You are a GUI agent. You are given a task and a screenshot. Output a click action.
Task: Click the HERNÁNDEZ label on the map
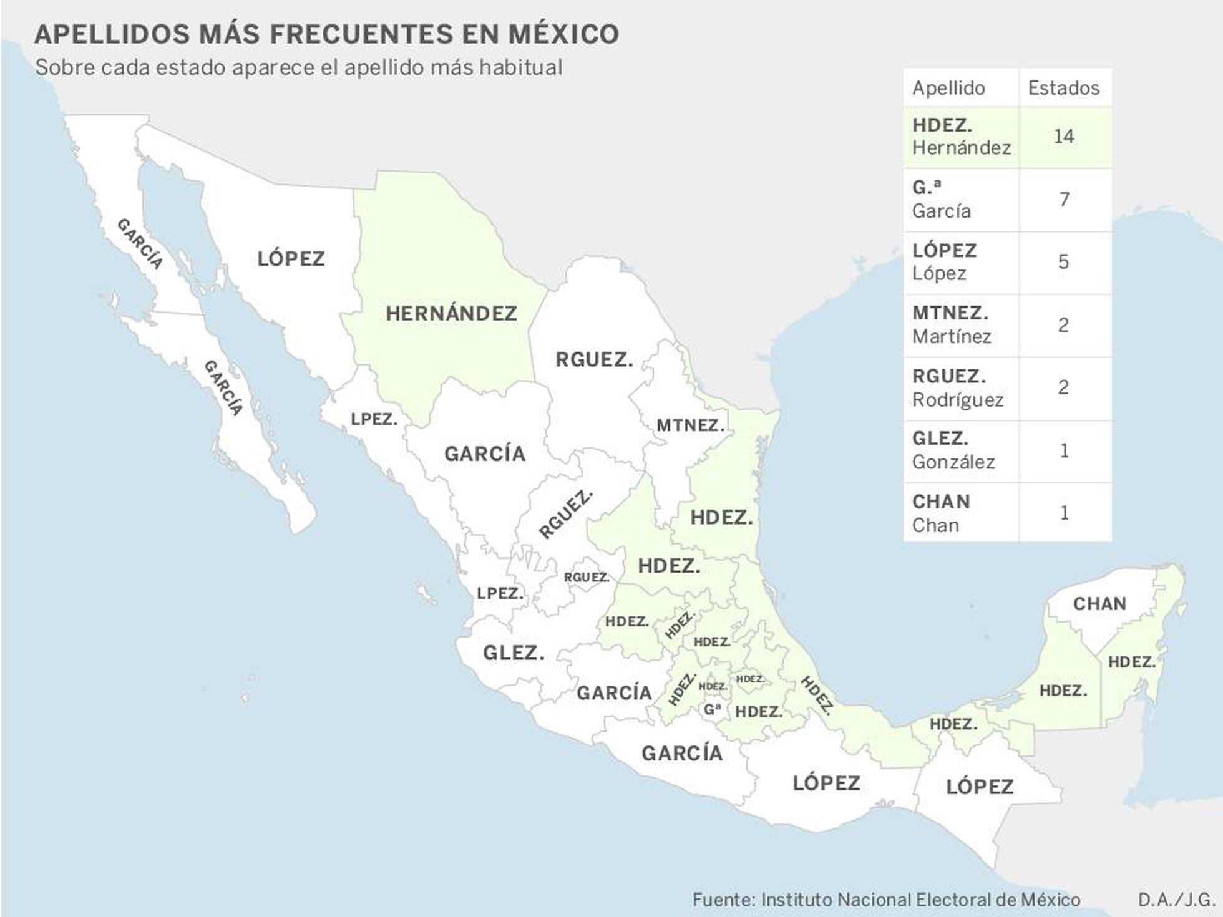pyautogui.click(x=451, y=313)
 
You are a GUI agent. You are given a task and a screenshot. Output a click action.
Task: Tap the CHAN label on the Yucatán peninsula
pyautogui.click(x=1099, y=604)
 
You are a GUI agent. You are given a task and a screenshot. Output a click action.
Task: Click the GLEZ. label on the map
pyautogui.click(x=514, y=653)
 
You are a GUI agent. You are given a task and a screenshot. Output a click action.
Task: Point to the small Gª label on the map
pyautogui.click(x=712, y=710)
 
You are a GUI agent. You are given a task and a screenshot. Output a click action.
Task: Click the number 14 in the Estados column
pyautogui.click(x=1064, y=136)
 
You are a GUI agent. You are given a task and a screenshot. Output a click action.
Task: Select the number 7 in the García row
pyautogui.click(x=1064, y=200)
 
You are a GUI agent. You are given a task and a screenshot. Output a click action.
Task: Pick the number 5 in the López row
pyautogui.click(x=1064, y=261)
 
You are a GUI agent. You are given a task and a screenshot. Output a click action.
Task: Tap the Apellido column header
pyautogui.click(x=948, y=88)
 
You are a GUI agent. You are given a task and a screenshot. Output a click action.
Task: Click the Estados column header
pyautogui.click(x=1064, y=88)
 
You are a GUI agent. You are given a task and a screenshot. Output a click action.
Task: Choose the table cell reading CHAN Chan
pyautogui.click(x=960, y=513)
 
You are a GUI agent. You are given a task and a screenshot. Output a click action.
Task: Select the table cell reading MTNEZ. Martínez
pyautogui.click(x=960, y=325)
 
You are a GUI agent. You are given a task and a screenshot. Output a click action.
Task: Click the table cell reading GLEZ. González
pyautogui.click(x=960, y=450)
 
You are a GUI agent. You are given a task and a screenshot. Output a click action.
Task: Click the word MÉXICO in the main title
pyautogui.click(x=563, y=34)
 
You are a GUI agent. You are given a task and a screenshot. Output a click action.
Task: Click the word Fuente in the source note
pyautogui.click(x=723, y=900)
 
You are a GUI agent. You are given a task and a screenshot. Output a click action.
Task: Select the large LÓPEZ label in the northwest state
pyautogui.click(x=291, y=258)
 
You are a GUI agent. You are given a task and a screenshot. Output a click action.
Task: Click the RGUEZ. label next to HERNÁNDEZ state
pyautogui.click(x=594, y=360)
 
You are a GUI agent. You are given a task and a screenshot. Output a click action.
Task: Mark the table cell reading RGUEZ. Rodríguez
pyautogui.click(x=960, y=387)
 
